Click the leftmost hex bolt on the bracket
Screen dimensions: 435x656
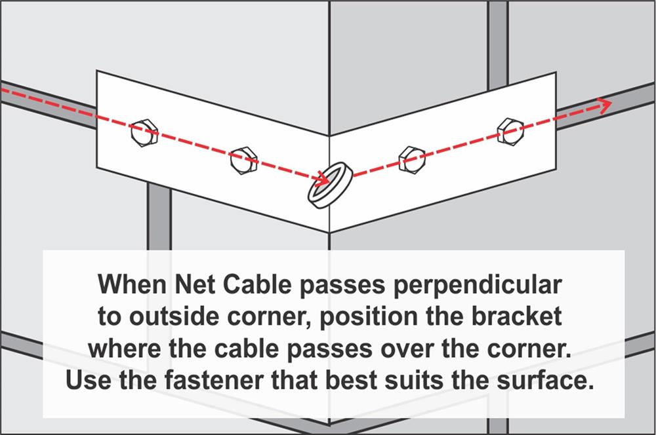pos(143,133)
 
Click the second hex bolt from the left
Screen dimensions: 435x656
pos(243,160)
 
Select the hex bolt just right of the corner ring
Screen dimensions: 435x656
pos(410,158)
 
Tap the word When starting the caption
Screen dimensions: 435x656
pos(131,286)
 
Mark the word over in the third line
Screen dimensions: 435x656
pos(440,349)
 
